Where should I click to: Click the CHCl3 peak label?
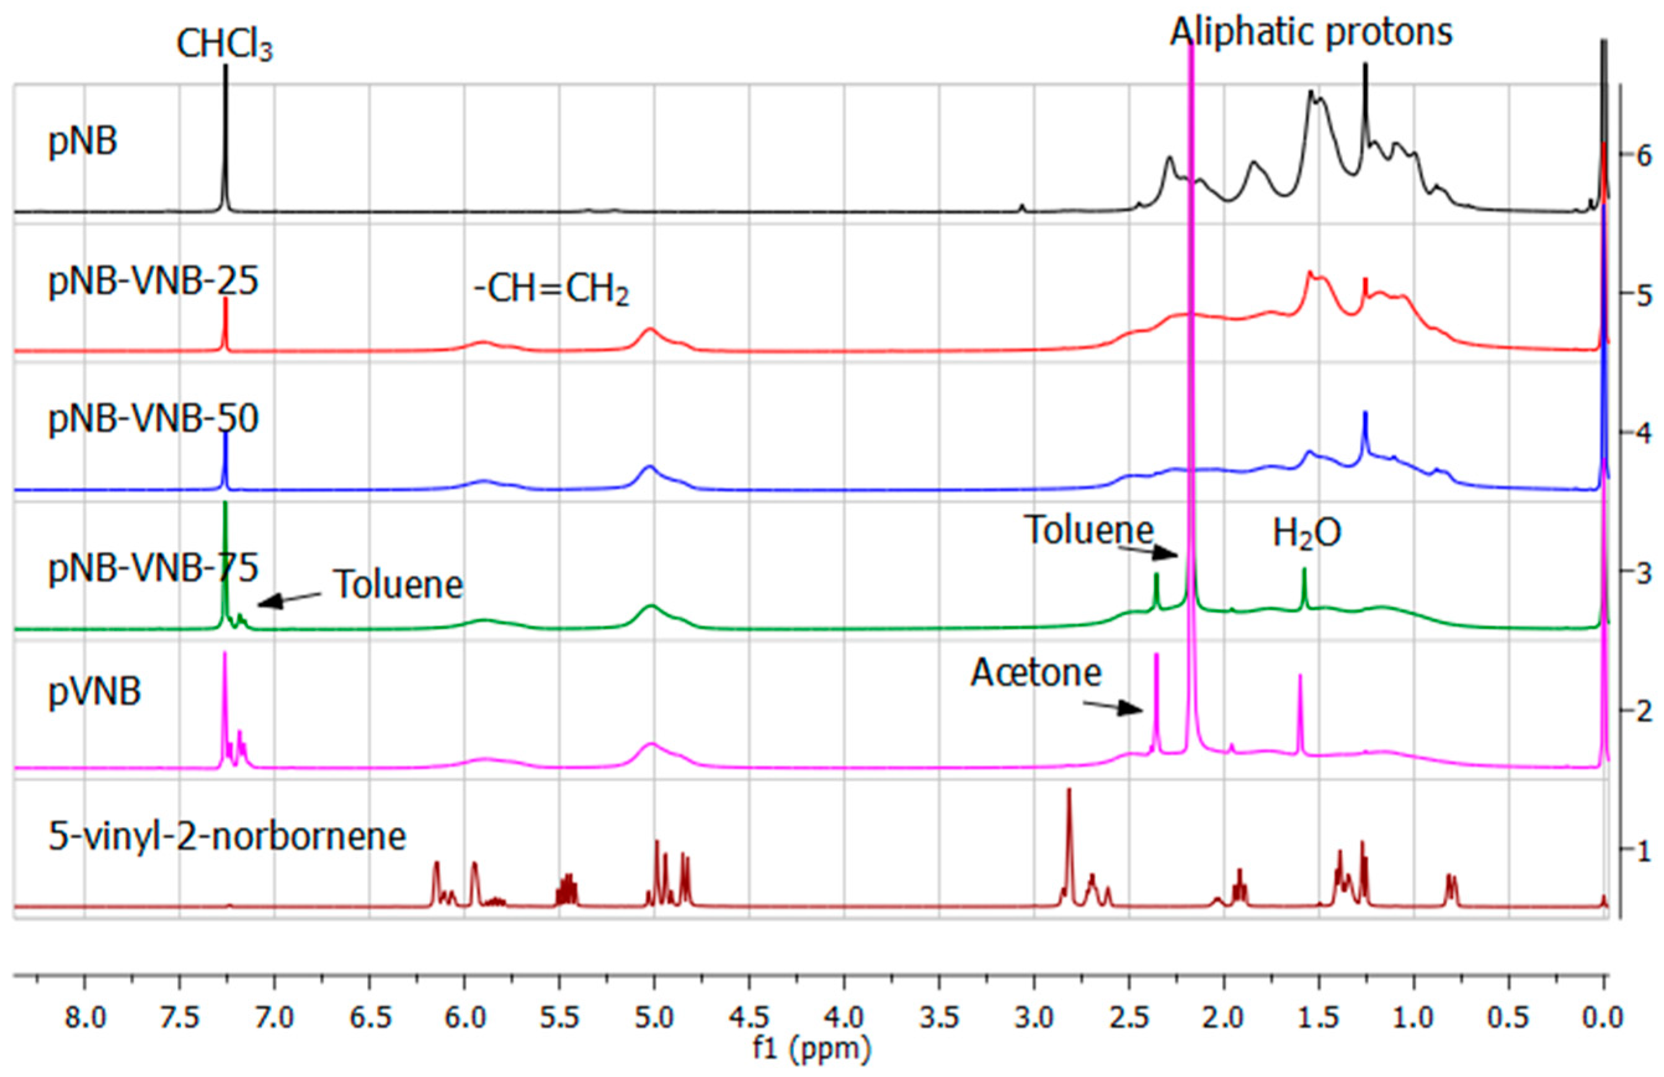[225, 46]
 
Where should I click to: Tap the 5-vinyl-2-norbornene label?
[227, 836]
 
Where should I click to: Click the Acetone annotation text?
[1036, 672]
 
